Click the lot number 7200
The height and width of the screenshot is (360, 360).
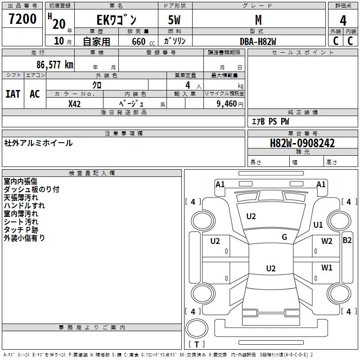[x=22, y=19]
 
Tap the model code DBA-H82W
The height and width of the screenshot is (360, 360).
[x=258, y=41]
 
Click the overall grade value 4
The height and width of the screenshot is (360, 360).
[x=343, y=20]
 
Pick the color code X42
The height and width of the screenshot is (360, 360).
[x=74, y=103]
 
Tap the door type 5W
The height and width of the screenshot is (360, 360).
[x=175, y=20]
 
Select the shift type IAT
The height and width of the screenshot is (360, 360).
[x=13, y=94]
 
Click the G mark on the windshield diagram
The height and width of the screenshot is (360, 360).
[x=284, y=237]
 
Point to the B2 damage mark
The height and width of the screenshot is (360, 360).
[x=347, y=240]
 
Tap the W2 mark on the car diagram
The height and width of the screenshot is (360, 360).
[x=327, y=241]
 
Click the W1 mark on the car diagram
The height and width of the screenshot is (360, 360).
[x=327, y=268]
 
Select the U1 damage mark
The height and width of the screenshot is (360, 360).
[x=318, y=225]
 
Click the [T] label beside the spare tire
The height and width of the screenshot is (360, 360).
[x=197, y=344]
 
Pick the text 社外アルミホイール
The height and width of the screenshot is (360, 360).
[x=38, y=143]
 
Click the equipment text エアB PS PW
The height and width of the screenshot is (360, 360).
[x=270, y=121]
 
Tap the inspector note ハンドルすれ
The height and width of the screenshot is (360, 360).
[x=24, y=206]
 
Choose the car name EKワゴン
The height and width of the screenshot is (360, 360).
[x=117, y=20]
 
